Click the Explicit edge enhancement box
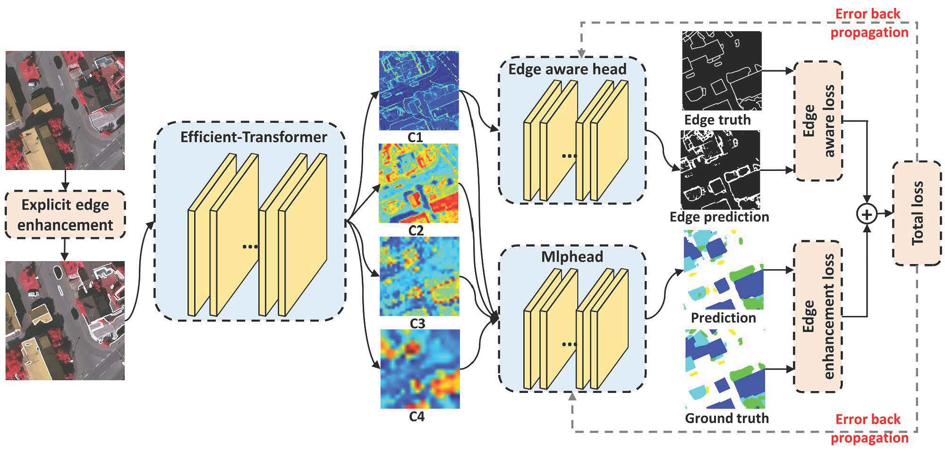point(65,214)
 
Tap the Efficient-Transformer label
point(254,137)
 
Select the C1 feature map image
point(418,90)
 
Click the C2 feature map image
point(418,183)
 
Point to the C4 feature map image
point(420,369)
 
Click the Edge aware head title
point(567,69)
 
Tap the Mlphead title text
point(572,256)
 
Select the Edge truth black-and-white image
point(722,71)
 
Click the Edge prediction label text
point(719,217)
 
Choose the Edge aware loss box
point(818,121)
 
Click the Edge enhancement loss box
point(818,316)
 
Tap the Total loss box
point(917,213)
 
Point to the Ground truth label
point(726,418)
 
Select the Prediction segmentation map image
point(724,270)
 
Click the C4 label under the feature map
point(417,417)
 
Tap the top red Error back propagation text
point(869,23)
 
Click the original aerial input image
point(65,111)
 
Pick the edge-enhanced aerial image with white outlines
point(65,321)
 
